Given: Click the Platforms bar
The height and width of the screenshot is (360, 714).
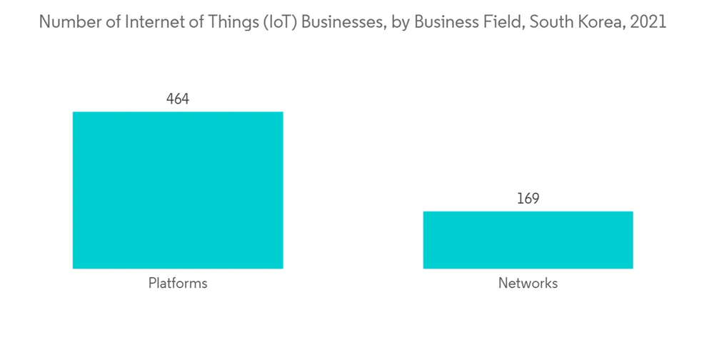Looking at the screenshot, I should coord(178,190).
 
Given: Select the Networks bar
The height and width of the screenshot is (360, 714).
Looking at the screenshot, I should coord(528,240).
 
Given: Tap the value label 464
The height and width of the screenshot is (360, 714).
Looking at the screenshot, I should coord(178,99).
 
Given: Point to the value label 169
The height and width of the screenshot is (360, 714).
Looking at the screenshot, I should coord(528,199).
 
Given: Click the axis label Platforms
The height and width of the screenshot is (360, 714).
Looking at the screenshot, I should coord(178,284).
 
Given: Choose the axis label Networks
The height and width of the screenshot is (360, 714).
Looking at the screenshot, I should coord(528,284).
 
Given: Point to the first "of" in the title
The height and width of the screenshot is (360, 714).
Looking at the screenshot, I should coord(111,22).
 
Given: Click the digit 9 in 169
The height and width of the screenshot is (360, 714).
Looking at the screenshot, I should coord(535,199).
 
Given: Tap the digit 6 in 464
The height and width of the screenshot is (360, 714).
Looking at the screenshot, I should coord(178,99).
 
